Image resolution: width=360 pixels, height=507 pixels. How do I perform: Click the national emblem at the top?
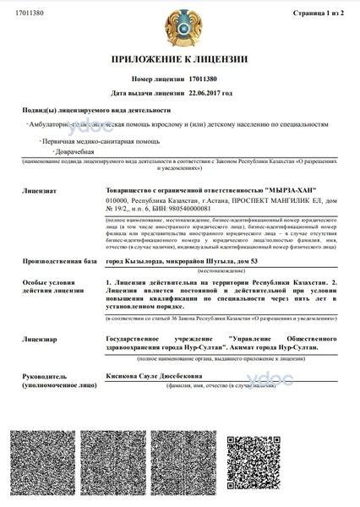coord(179,26)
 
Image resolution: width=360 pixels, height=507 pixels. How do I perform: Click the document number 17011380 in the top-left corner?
coord(26,14)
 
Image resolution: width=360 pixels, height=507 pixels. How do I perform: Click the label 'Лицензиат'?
coord(40,180)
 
